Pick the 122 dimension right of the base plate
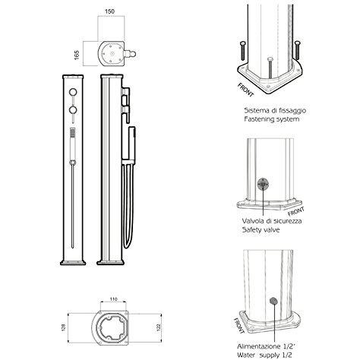click(x=157, y=329)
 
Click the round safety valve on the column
click(x=264, y=183)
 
